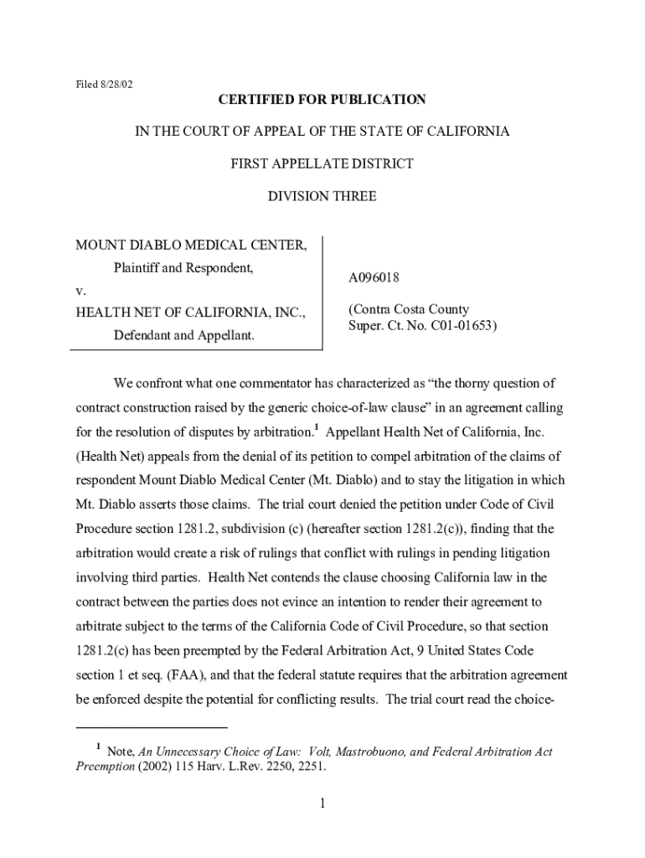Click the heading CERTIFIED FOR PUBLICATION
322,100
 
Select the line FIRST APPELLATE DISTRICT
322,164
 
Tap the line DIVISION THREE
322,197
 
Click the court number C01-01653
462,325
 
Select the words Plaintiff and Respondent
183,269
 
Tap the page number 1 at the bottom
322,804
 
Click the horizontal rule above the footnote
152,727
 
